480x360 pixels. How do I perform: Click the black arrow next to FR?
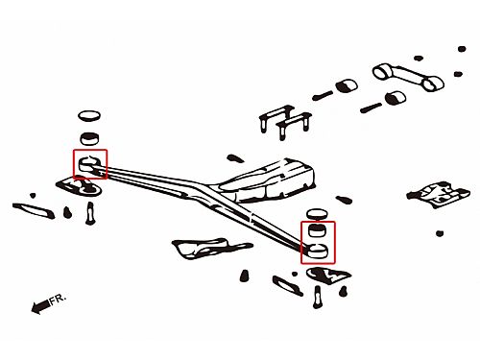pos(40,306)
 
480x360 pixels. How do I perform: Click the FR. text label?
pos(58,299)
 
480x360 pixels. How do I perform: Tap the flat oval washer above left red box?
pos(89,116)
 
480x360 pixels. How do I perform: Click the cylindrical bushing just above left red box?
pos(89,138)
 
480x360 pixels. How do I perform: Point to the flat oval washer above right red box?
pos(317,214)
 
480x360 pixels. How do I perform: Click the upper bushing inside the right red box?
pos(317,230)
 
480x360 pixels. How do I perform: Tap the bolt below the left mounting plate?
pos(90,213)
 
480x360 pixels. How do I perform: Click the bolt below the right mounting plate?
pos(317,297)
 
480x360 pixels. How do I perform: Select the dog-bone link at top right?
pos(408,77)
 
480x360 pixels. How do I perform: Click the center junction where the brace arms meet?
pos(200,189)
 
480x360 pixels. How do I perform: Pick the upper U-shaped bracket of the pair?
pos(276,117)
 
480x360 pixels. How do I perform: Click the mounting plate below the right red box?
pos(328,276)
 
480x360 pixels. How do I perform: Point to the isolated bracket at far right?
pos(439,194)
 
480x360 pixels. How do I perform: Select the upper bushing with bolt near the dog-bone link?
pos(335,90)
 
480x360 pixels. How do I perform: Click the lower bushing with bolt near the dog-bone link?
pos(383,103)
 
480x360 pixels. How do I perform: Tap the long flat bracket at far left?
pos(34,210)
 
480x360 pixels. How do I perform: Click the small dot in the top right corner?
pos(462,49)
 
